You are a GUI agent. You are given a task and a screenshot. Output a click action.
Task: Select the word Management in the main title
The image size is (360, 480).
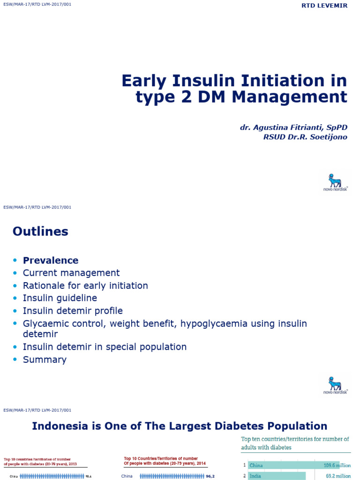297,97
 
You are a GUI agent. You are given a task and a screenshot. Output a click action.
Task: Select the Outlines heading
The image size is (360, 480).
40,231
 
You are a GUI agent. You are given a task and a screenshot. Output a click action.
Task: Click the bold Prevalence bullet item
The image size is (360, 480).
51,261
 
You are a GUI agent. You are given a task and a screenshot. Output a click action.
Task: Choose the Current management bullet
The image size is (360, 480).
71,273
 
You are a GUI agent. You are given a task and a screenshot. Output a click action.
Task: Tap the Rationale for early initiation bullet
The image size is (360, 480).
85,285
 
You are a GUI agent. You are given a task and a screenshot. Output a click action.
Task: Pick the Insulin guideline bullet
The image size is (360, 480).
60,298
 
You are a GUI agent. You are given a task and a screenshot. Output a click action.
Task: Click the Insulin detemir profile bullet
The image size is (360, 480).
73,311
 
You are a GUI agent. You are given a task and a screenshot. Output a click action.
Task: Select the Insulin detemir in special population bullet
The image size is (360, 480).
105,347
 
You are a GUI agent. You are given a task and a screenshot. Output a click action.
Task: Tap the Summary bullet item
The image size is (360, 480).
45,360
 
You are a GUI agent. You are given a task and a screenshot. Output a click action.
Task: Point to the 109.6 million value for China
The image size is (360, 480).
336,465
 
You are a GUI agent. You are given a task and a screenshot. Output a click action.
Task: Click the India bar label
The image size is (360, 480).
256,476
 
